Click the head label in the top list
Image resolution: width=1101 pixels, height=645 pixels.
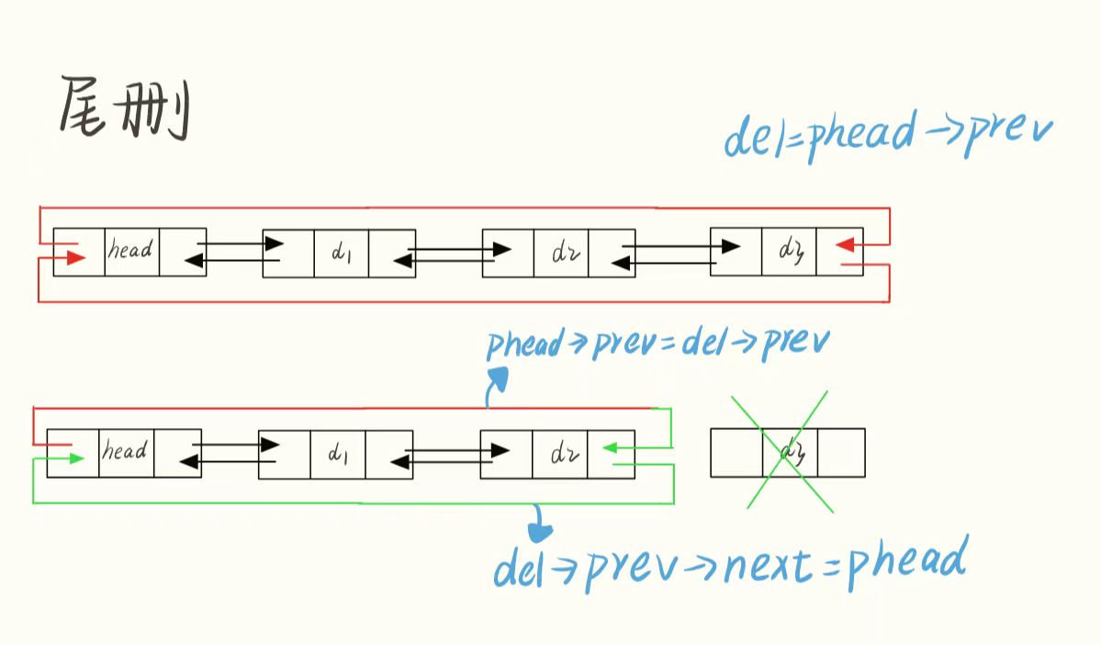(x=130, y=250)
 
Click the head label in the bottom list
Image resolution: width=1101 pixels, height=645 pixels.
(x=125, y=452)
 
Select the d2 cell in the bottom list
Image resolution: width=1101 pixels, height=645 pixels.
(x=559, y=454)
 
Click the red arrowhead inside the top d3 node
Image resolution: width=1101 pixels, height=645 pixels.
(x=847, y=244)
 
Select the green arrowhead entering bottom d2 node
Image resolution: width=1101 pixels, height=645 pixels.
(x=611, y=448)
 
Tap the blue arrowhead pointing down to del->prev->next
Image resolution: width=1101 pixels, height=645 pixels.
(x=540, y=530)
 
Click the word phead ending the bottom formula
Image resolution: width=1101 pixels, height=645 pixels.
(x=906, y=562)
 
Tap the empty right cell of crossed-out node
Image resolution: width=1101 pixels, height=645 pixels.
(x=841, y=452)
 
